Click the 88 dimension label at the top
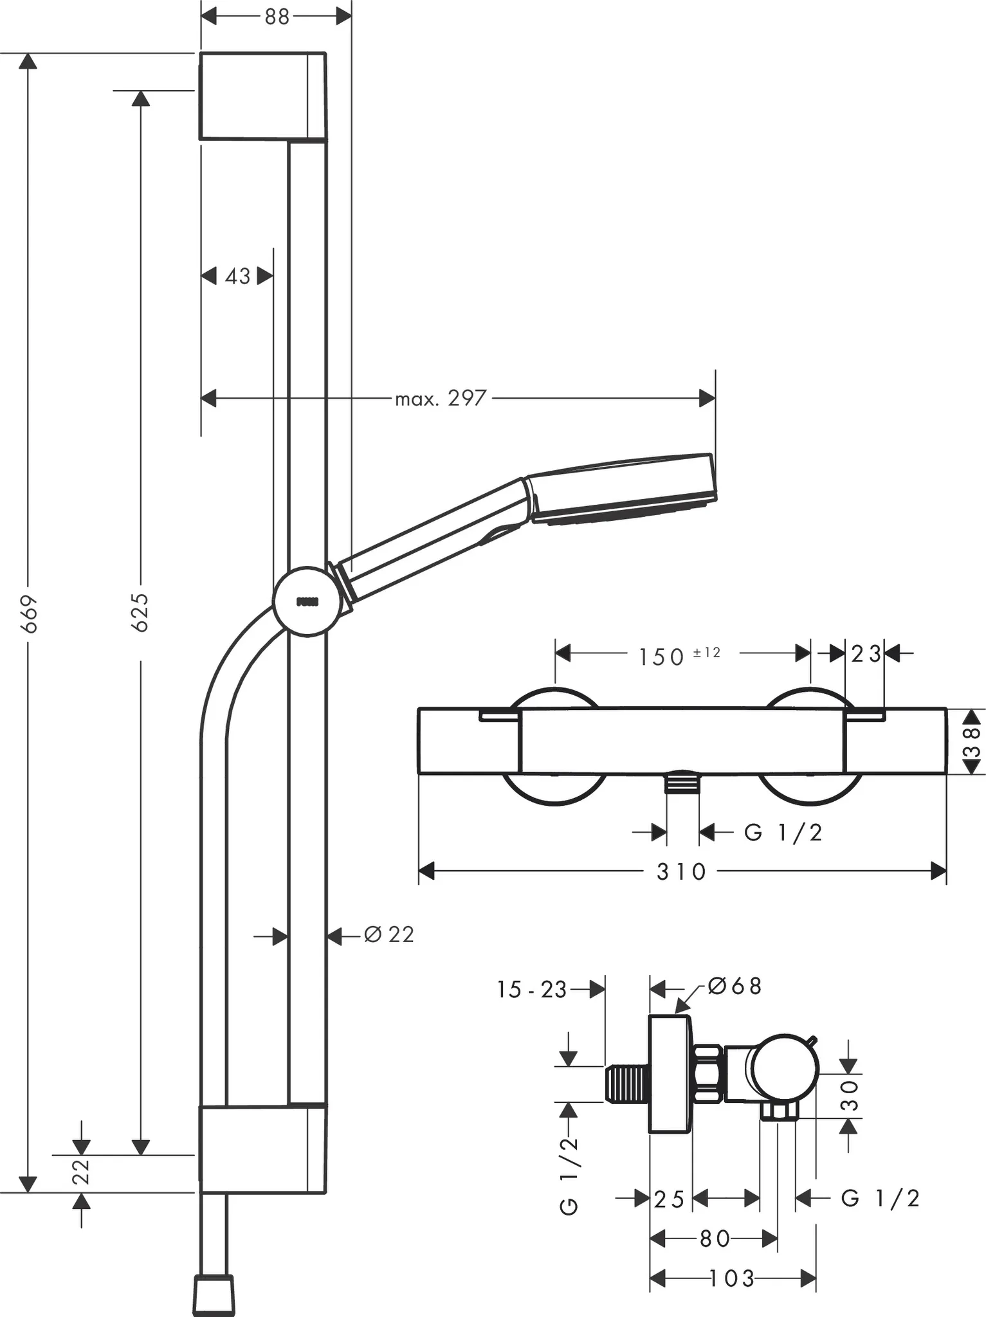pyautogui.click(x=277, y=17)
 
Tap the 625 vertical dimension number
pyautogui.click(x=141, y=612)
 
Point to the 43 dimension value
pyautogui.click(x=237, y=277)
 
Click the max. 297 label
pyautogui.click(x=441, y=399)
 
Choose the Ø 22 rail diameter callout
pyautogui.click(x=389, y=934)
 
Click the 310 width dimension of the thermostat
pyautogui.click(x=682, y=872)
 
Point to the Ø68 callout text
pyautogui.click(x=735, y=986)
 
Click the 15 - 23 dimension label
pyautogui.click(x=531, y=990)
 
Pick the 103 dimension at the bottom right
pyautogui.click(x=733, y=1278)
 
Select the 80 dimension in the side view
pyautogui.click(x=714, y=1239)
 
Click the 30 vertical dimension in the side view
pyautogui.click(x=850, y=1095)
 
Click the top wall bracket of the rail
pyautogui.click(x=262, y=96)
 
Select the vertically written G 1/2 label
pyautogui.click(x=569, y=1176)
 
